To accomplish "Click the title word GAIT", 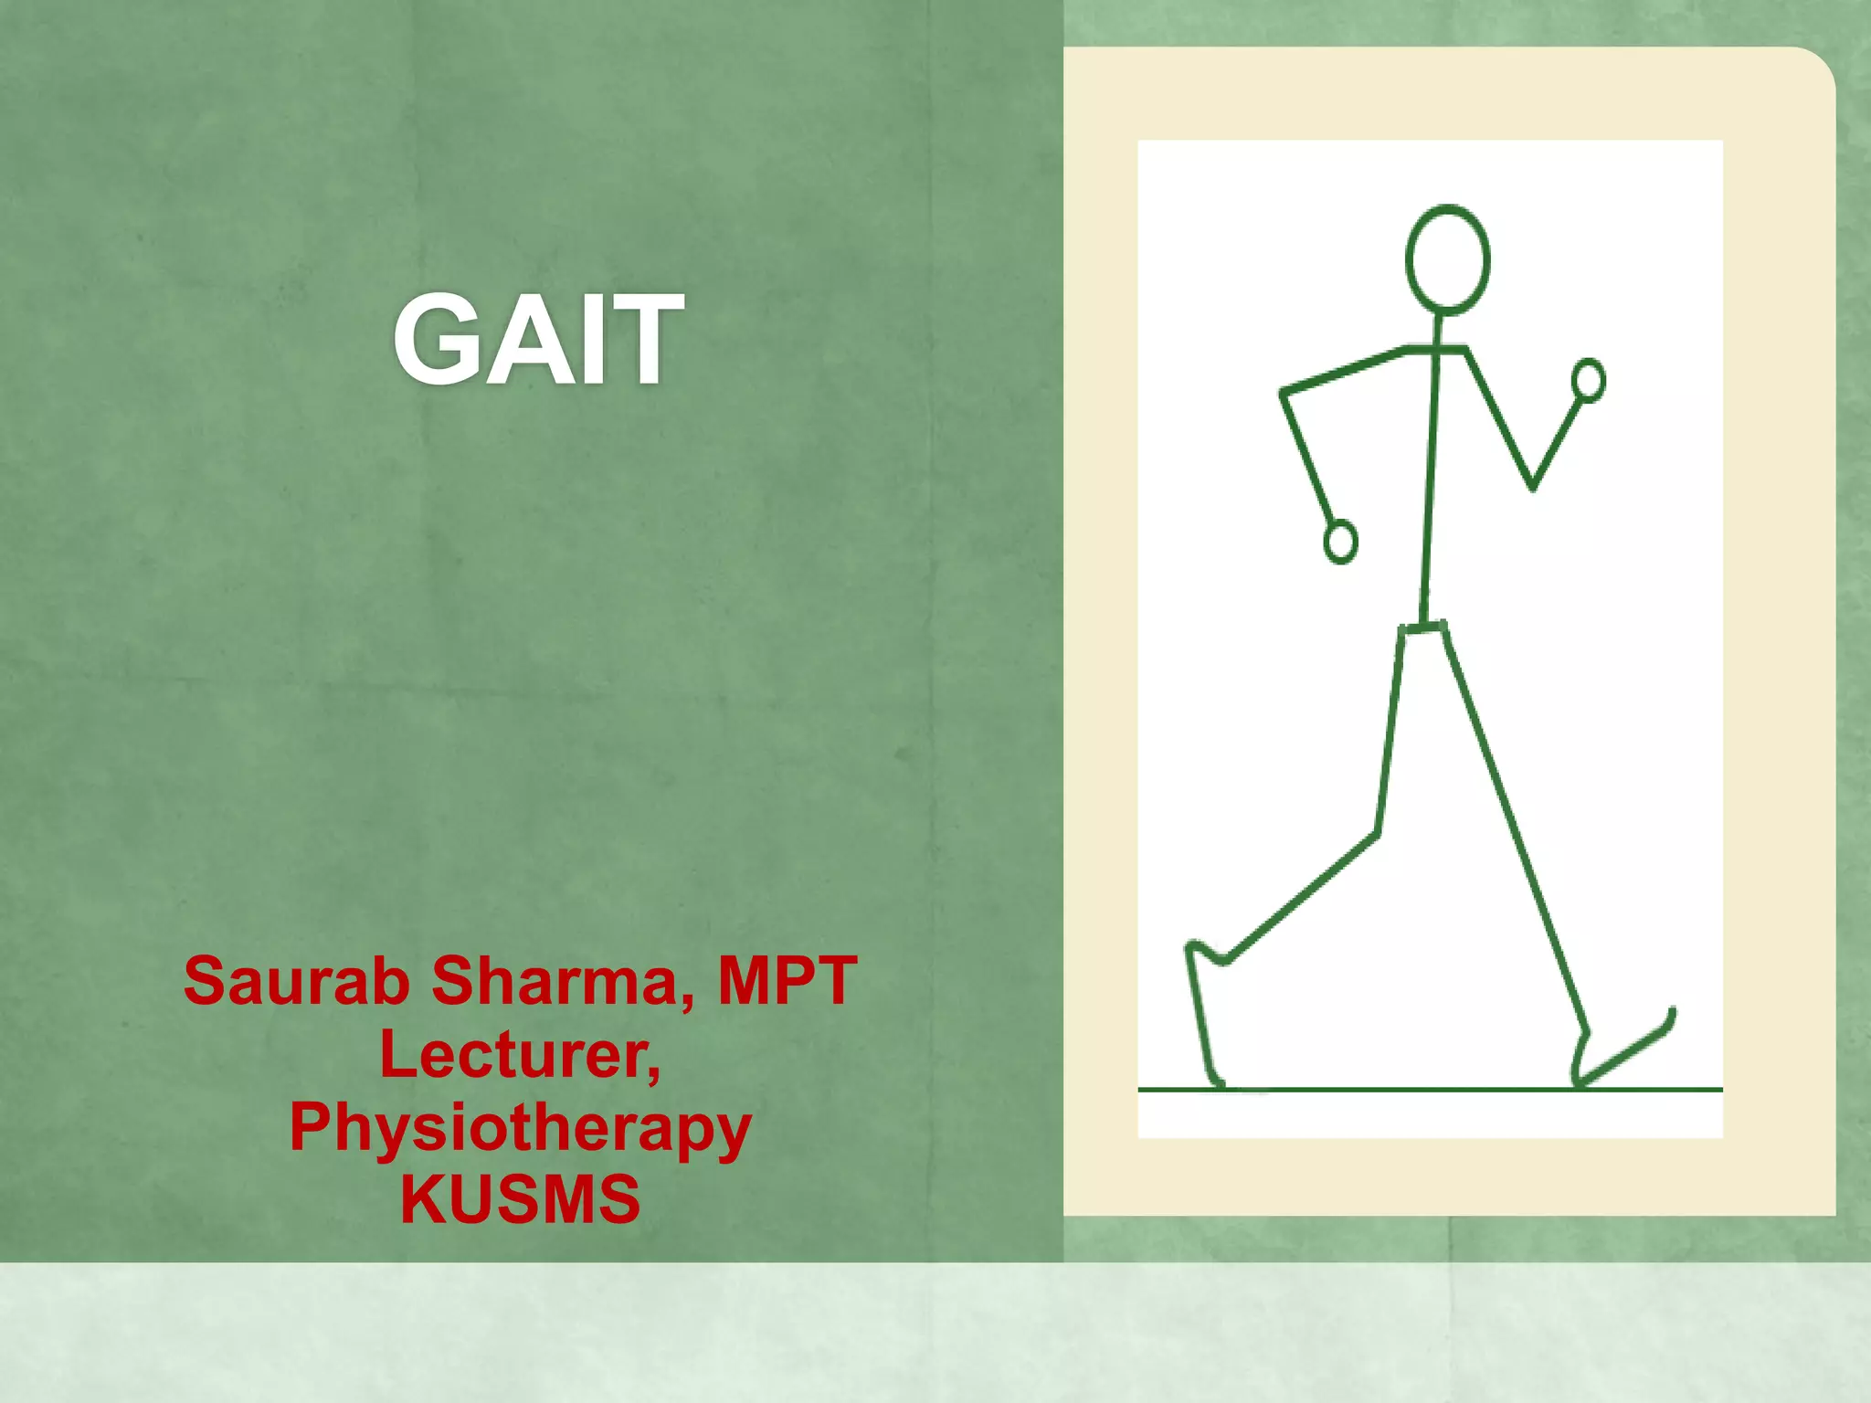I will [x=538, y=340].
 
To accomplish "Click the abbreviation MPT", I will [x=788, y=981].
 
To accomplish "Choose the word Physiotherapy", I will [x=520, y=1129].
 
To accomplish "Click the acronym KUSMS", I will [x=520, y=1199].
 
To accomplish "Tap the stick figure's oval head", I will [x=1447, y=260].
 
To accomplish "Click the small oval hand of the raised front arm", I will [x=1589, y=380].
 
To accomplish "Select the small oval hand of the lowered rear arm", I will [x=1340, y=542].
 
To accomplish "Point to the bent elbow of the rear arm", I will [x=1284, y=394].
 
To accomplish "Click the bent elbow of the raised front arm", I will [x=1532, y=487].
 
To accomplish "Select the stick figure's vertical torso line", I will [x=1430, y=484].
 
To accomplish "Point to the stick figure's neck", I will [x=1437, y=330].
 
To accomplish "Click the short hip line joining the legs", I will [x=1423, y=628].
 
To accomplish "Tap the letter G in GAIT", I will [x=438, y=340].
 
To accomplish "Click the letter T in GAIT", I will [x=644, y=340].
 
